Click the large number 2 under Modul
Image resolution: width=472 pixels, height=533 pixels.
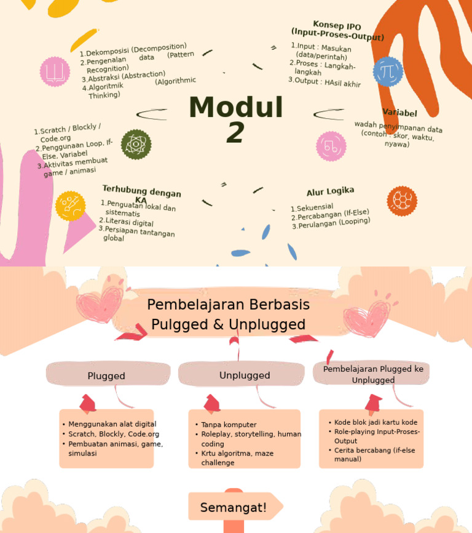point(235,133)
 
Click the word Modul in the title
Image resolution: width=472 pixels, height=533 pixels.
point(235,108)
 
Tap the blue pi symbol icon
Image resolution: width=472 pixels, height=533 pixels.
point(388,71)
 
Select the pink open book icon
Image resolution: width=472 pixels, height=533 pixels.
point(55,72)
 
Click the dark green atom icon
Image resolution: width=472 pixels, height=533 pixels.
point(136,145)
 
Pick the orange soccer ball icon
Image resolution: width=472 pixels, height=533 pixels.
point(402,201)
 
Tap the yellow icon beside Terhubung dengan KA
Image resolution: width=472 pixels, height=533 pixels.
point(70,206)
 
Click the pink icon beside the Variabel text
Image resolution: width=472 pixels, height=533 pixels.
point(331,146)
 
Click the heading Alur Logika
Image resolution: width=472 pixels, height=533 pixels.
point(331,191)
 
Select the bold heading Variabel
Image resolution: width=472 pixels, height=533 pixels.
point(399,113)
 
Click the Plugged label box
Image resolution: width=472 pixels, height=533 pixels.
point(107,375)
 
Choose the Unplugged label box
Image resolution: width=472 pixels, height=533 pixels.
point(244,375)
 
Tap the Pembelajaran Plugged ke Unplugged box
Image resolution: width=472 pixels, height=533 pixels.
point(373,374)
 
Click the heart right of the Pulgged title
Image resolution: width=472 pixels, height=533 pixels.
point(367,317)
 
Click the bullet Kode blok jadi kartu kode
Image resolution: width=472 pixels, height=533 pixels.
point(376,422)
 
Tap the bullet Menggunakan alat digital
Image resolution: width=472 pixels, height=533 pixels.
point(112,424)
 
